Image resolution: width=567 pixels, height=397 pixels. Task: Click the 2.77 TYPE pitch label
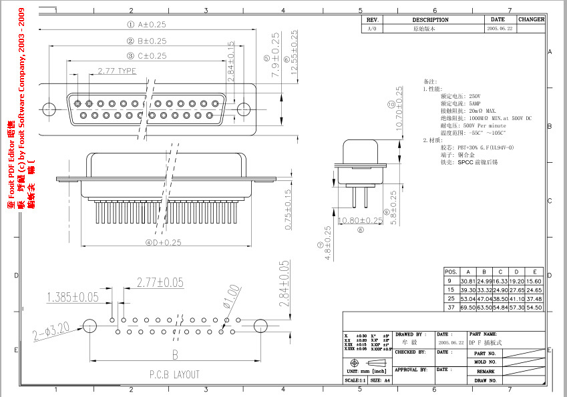[116, 71]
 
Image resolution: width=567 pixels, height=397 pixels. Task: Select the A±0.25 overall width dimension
[146, 24]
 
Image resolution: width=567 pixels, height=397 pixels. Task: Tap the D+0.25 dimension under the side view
[154, 242]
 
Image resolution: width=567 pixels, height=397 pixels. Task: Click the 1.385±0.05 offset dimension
[72, 297]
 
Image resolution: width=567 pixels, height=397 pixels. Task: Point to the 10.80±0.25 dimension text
[361, 220]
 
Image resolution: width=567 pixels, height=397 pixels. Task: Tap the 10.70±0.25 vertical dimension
[399, 109]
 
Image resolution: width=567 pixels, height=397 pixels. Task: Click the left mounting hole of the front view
[48, 109]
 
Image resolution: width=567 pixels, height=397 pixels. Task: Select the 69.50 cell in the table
[467, 308]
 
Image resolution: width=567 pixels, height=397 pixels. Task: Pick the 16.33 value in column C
[500, 282]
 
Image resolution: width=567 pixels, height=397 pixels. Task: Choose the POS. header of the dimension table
[451, 272]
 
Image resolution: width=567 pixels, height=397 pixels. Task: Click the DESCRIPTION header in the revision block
[430, 20]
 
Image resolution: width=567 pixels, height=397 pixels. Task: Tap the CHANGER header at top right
[531, 20]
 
